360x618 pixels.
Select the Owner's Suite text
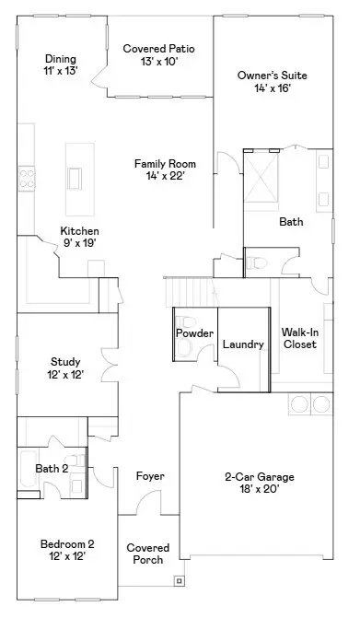coord(272,81)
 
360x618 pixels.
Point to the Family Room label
coord(166,169)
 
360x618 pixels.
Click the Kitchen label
coord(79,236)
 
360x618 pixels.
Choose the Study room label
coord(65,367)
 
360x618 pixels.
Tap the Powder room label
coord(194,333)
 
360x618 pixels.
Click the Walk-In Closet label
coord(299,337)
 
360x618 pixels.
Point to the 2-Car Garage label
coord(260,483)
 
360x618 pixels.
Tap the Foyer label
coord(149,476)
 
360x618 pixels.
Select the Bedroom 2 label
coord(66,549)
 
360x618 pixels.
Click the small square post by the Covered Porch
coord(179,580)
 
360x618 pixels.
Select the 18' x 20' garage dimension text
coord(260,489)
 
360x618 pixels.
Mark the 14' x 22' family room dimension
coord(166,175)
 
